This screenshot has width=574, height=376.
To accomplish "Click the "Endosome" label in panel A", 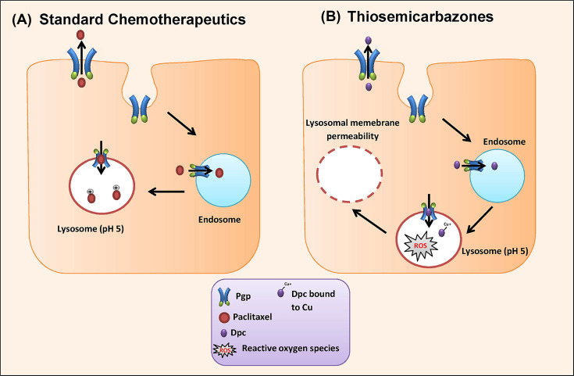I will coord(226,220).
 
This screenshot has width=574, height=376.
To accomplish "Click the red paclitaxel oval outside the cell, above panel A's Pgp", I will coord(81,35).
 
